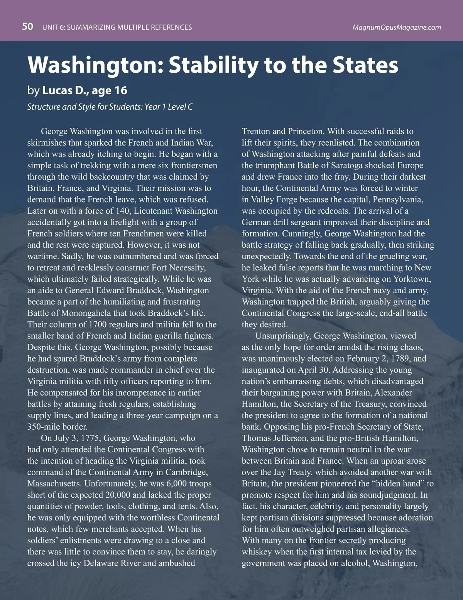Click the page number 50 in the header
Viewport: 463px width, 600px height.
click(27, 27)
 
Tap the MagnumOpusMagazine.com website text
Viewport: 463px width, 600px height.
click(397, 27)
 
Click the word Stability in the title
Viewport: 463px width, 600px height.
click(214, 65)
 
